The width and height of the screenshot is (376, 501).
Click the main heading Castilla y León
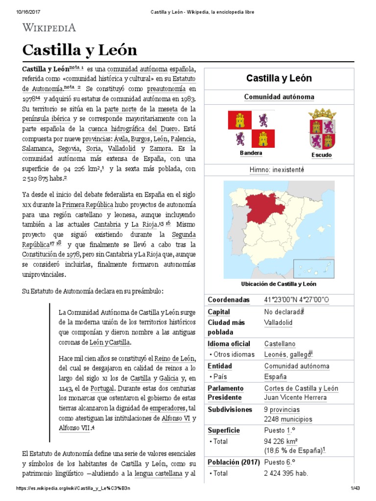tap(80, 50)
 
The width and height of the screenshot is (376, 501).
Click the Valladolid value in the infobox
tap(278, 323)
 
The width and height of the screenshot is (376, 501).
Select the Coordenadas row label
tap(229, 299)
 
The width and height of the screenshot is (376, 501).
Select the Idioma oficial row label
tap(229, 344)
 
